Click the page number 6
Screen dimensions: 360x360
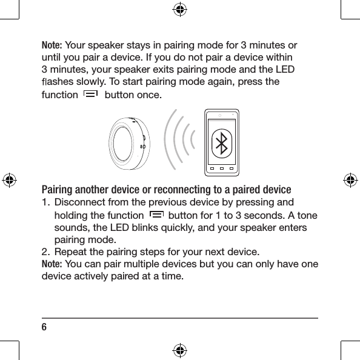[44, 327]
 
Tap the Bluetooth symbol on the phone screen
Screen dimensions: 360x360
[222, 144]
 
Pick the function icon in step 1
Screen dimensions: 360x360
[155, 215]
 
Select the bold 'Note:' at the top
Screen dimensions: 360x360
[52, 45]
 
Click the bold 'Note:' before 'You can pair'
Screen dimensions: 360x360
[52, 264]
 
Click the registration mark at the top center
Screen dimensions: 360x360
[180, 9]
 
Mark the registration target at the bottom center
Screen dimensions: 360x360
[180, 350]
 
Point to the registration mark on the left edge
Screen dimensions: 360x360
[10, 180]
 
